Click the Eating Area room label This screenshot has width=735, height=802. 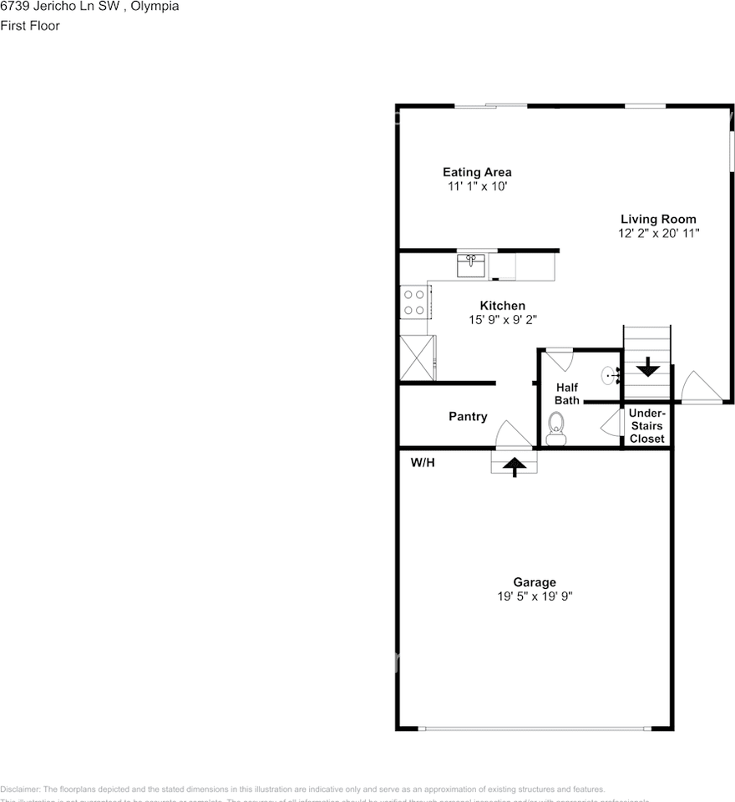point(477,173)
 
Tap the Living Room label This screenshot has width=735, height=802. point(658,220)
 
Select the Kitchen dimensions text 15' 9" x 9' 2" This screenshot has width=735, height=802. point(502,319)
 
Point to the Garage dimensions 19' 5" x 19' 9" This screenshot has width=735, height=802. point(534,596)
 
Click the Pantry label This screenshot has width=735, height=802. point(468,417)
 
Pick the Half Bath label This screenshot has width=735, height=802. point(567,393)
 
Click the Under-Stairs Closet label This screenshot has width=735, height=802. point(647,426)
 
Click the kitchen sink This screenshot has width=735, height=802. point(471,266)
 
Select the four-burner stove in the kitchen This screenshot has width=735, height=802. point(415,302)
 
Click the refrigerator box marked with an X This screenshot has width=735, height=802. point(418,358)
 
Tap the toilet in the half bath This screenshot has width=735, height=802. point(555,434)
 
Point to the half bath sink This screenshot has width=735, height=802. point(610,376)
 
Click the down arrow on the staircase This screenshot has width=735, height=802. point(647,367)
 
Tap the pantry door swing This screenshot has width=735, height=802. point(511,435)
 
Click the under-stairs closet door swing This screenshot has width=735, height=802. point(611,422)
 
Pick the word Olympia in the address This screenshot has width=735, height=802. point(156,7)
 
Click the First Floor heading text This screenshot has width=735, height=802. point(30,26)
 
